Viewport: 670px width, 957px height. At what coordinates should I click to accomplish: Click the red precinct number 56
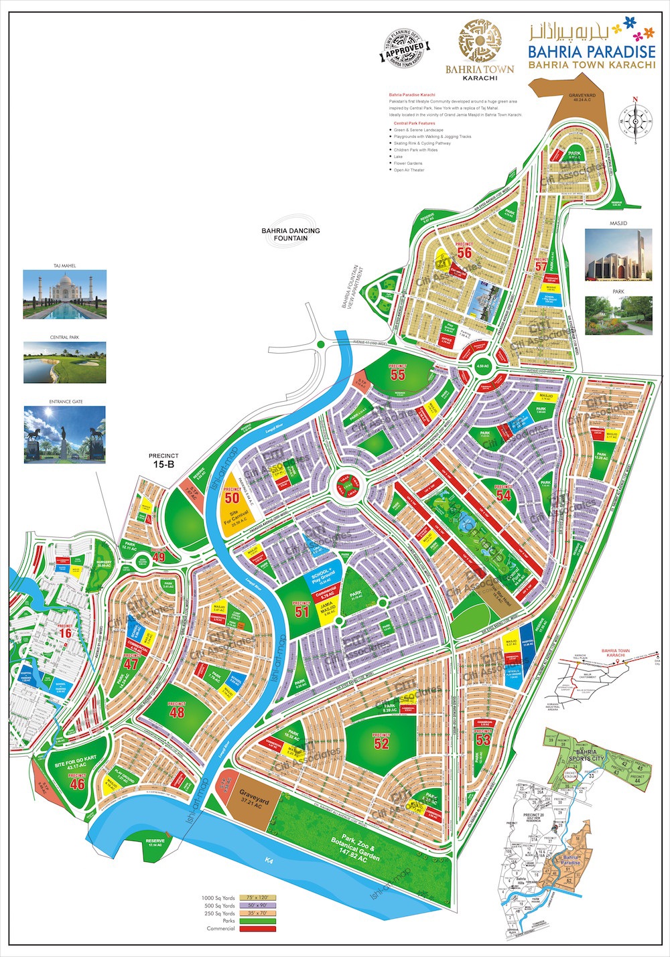pos(464,252)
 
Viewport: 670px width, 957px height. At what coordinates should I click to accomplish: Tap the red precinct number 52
pos(381,743)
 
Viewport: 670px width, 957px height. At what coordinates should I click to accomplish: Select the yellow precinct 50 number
pos(232,498)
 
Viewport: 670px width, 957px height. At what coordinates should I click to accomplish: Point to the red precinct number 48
pos(177,712)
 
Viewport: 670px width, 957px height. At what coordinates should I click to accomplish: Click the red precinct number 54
pos(504,495)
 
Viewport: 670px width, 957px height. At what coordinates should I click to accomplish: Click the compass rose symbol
pos(635,121)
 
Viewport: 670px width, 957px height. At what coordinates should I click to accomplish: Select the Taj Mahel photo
pos(64,295)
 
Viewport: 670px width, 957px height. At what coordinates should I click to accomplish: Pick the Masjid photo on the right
pos(618,254)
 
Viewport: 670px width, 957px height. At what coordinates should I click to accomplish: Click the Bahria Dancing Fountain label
pos(291,234)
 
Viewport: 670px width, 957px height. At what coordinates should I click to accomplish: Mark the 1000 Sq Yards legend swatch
pos(257,898)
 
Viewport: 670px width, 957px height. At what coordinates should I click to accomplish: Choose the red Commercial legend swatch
pos(257,929)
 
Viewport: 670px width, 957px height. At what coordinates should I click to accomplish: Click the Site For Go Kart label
pos(76,761)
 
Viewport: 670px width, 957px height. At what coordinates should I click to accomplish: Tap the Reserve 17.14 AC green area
pos(155,843)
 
